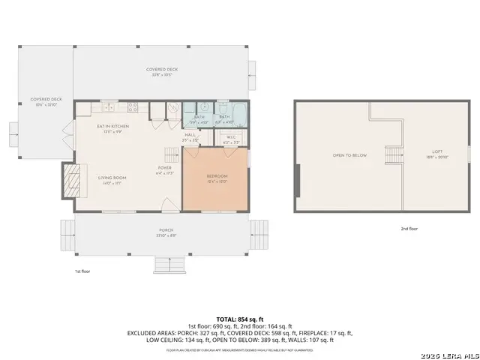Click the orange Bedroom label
[x=217, y=175]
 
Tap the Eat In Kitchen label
[x=112, y=126]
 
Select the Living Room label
[x=112, y=178]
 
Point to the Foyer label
[x=164, y=167]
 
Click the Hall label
[x=190, y=135]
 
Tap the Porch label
[x=166, y=229]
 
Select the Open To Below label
[x=349, y=155]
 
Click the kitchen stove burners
[x=133, y=107]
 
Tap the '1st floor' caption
[x=82, y=270]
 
